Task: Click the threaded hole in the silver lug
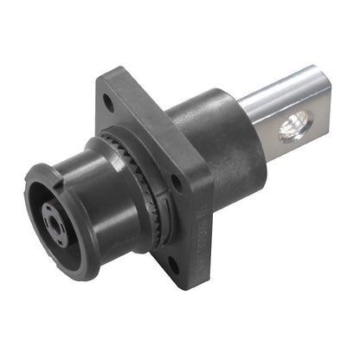pos(292,131)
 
